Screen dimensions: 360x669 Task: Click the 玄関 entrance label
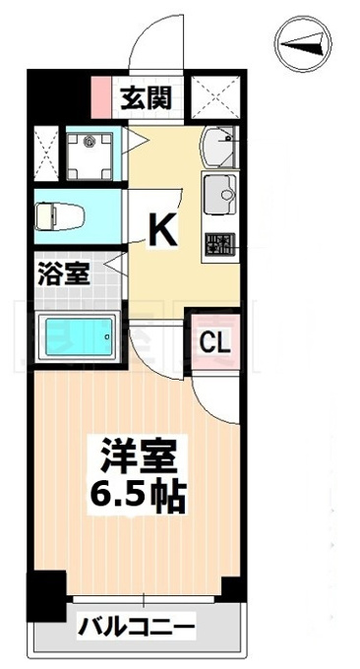pos(146,98)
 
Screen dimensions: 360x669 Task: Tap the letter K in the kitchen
pos(162,230)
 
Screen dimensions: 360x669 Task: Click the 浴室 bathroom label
pos(64,274)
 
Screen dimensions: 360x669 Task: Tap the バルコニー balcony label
pos(136,627)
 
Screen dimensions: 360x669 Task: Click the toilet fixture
pos(60,216)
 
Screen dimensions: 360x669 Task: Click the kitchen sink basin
pos(219,194)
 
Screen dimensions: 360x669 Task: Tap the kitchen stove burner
pos(219,244)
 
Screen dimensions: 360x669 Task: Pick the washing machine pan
pos(90,155)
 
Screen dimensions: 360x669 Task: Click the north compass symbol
pos(303,44)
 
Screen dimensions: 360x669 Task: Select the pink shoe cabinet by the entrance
pos(101,97)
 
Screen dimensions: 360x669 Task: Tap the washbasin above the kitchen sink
pos(217,147)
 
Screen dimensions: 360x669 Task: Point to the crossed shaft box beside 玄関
pos(215,97)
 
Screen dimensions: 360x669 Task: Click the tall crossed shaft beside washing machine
pos(45,153)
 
